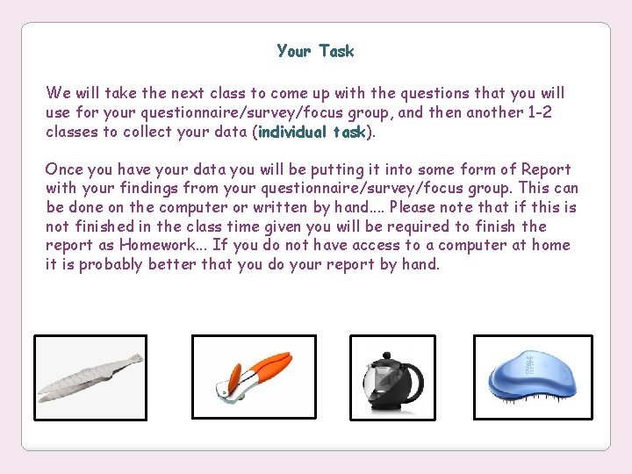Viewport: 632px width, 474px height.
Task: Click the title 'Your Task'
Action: pos(315,51)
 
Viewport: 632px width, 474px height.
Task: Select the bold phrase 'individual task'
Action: pos(312,133)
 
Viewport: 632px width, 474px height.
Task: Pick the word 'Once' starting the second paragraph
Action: pos(63,169)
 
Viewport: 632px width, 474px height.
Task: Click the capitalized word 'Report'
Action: pos(546,169)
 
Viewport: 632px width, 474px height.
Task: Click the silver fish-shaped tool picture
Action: pos(90,377)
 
